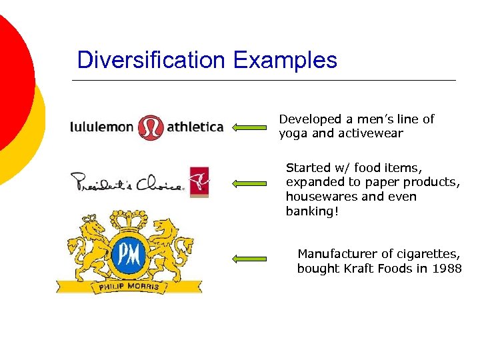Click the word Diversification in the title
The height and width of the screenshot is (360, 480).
click(x=152, y=61)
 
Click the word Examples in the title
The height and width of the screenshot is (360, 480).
click(x=285, y=61)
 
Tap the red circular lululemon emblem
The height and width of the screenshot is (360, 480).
click(x=150, y=127)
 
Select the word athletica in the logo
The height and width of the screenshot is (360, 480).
click(x=195, y=127)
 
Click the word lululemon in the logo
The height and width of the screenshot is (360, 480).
click(x=102, y=127)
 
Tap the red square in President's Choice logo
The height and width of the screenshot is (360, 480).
click(x=199, y=181)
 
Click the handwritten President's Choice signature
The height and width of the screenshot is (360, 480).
click(x=127, y=182)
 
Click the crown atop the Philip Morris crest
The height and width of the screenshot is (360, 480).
click(x=129, y=219)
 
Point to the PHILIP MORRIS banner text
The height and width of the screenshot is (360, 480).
click(x=129, y=287)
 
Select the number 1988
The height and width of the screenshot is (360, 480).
click(x=447, y=269)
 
